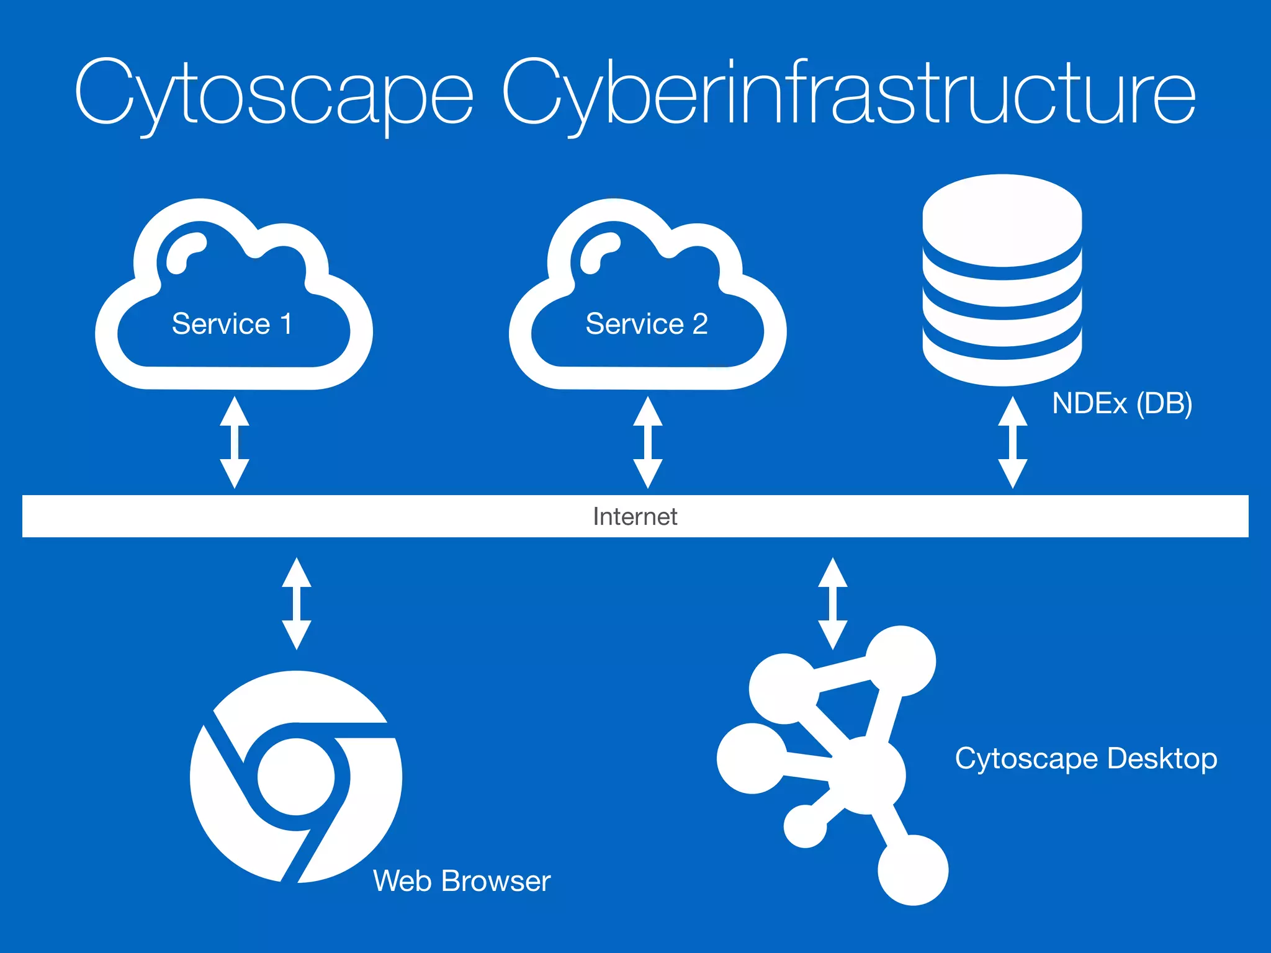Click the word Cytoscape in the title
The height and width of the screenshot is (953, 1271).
coord(274,93)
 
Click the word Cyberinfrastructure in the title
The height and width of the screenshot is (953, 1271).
coord(848,93)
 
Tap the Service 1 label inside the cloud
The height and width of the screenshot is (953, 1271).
coord(232,324)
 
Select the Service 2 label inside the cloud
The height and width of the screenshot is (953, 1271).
coord(647,324)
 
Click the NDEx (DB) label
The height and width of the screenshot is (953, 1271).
coord(1122,403)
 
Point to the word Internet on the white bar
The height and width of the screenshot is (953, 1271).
coord(635,516)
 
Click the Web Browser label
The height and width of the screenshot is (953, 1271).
coord(462,880)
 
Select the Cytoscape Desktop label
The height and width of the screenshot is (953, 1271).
coord(1085,758)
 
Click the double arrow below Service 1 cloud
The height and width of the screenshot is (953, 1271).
coord(235,442)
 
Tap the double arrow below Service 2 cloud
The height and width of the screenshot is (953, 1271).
coord(647,442)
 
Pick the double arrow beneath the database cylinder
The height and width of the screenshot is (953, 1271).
coord(1012,442)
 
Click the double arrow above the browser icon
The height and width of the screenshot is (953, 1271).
coord(297,603)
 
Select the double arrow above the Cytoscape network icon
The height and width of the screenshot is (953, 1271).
coord(832,603)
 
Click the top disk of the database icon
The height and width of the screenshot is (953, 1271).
coord(1002,220)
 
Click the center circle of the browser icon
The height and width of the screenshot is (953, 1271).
coord(296,777)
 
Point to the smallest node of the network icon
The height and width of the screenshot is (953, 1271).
coord(805,826)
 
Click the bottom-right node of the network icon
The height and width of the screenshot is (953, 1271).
coord(913,870)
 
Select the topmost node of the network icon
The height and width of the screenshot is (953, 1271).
coord(900,661)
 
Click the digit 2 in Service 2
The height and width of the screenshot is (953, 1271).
coord(700,324)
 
